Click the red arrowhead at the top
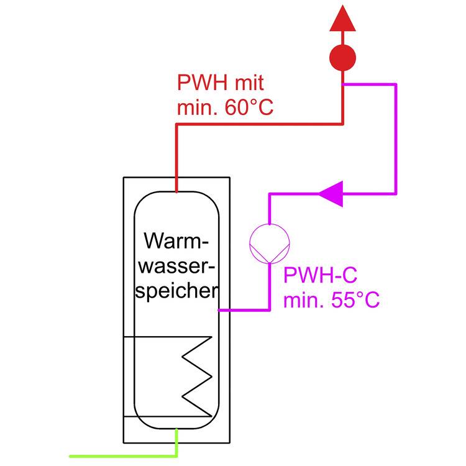coord(342,20)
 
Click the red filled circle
coord(342,58)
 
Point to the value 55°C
coord(355,301)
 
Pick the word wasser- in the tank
coord(177,266)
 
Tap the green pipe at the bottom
coord(124,455)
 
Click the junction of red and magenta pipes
coord(342,85)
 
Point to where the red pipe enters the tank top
coord(176,191)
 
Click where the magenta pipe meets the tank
coord(220,309)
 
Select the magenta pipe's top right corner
coord(395,85)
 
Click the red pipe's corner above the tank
coord(177,124)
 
